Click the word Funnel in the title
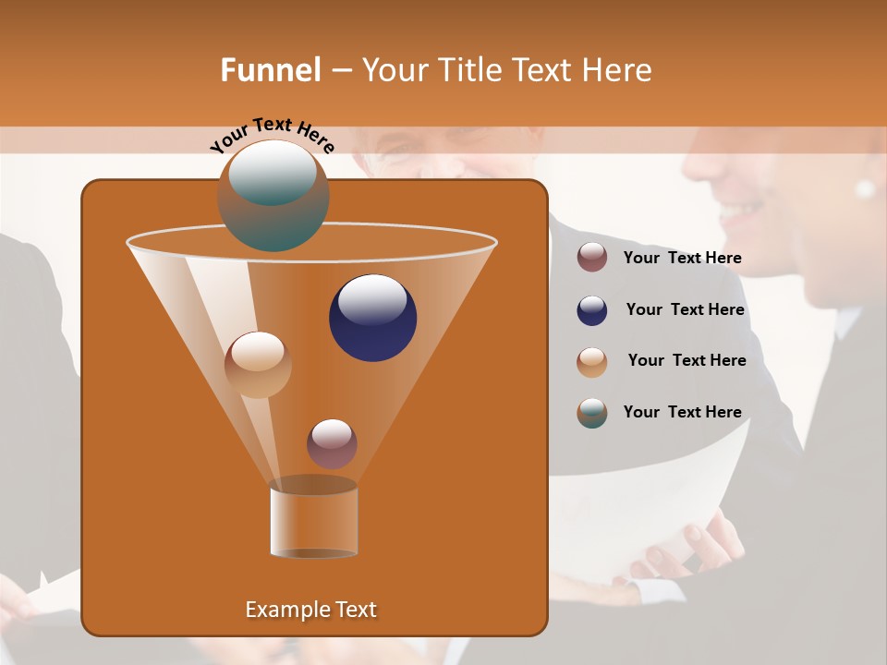(270, 70)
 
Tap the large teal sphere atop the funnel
(273, 195)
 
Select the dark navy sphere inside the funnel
(372, 318)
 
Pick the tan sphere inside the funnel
(258, 365)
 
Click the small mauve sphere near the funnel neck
(332, 443)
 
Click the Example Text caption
(310, 610)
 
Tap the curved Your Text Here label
(272, 135)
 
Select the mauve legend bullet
(592, 258)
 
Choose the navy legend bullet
(592, 310)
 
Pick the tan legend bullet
(592, 361)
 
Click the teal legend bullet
(592, 413)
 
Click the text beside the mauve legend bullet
(682, 259)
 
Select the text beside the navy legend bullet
(685, 309)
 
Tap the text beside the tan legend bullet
(687, 360)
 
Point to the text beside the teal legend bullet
(682, 412)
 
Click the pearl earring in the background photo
(865, 188)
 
